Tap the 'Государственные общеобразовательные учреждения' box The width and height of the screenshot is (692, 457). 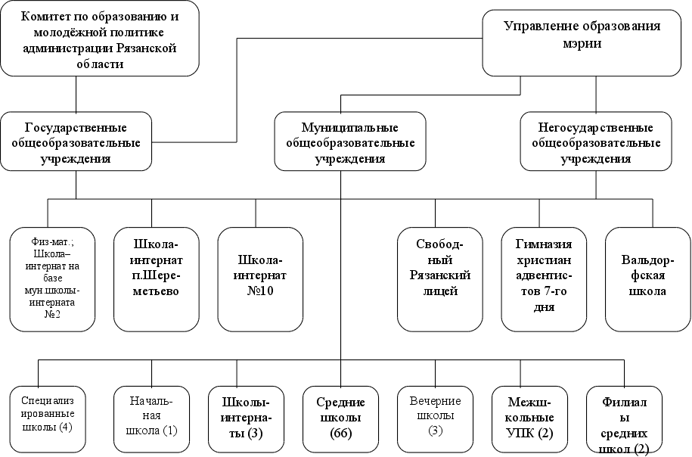pos(76,141)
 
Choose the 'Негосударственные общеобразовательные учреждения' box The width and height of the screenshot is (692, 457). pos(596,141)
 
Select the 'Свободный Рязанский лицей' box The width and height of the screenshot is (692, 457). pos(439,278)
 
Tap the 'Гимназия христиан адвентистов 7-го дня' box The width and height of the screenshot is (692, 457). pos(543,278)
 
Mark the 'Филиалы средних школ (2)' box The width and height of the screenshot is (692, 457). pos(625,420)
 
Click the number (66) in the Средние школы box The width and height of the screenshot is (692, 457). pos(342,434)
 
